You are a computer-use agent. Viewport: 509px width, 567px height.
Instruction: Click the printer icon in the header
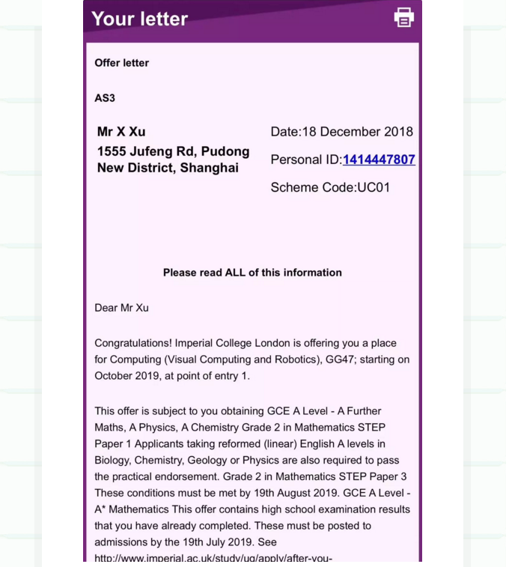(x=403, y=18)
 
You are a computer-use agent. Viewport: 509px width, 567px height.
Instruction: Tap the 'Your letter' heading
(x=139, y=19)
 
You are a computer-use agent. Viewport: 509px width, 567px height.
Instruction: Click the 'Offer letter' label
(x=121, y=63)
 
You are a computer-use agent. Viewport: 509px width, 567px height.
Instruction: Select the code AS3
(x=105, y=98)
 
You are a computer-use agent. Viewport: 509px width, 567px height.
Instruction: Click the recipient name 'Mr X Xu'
(x=121, y=132)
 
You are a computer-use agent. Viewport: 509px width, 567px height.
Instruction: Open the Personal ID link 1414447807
(x=379, y=160)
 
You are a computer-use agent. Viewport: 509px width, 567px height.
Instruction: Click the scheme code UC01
(x=374, y=187)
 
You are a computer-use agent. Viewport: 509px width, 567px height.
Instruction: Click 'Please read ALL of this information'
(x=252, y=273)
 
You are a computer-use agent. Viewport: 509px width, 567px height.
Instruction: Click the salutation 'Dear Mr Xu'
(x=121, y=308)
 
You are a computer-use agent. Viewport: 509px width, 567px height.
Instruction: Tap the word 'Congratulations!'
(x=133, y=343)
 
